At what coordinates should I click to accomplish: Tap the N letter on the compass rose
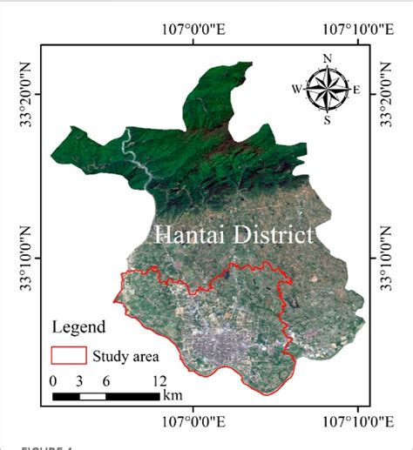click(328, 59)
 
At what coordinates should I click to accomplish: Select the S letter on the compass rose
click(328, 120)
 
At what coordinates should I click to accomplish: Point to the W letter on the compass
click(297, 89)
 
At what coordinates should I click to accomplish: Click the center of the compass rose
click(328, 89)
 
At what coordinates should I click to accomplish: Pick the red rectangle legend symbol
click(69, 355)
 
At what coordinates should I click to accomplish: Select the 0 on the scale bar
click(54, 381)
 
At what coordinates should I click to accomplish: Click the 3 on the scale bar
click(80, 381)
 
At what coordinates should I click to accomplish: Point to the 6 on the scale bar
click(106, 381)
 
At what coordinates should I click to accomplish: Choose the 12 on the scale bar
click(159, 381)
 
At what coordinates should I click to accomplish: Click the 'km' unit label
click(173, 396)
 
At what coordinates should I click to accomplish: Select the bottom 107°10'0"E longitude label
click(358, 421)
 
